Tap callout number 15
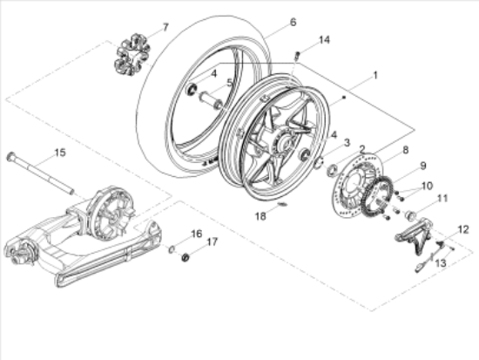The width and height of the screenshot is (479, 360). coord(59,153)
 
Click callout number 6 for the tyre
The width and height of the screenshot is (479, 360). coord(268,22)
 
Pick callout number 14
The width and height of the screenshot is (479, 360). coord(324,40)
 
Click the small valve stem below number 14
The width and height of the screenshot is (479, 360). coord(297,58)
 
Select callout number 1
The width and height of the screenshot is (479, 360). coord(375,76)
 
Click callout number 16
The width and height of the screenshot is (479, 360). coord(197,234)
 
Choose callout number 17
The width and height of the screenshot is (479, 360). coord(212,241)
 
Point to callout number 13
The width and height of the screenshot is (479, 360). coord(440,261)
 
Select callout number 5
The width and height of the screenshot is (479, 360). coord(230,84)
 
